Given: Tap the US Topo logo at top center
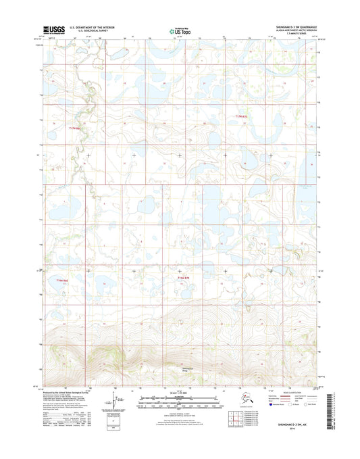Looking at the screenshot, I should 180,30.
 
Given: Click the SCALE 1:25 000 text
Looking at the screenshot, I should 180,393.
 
